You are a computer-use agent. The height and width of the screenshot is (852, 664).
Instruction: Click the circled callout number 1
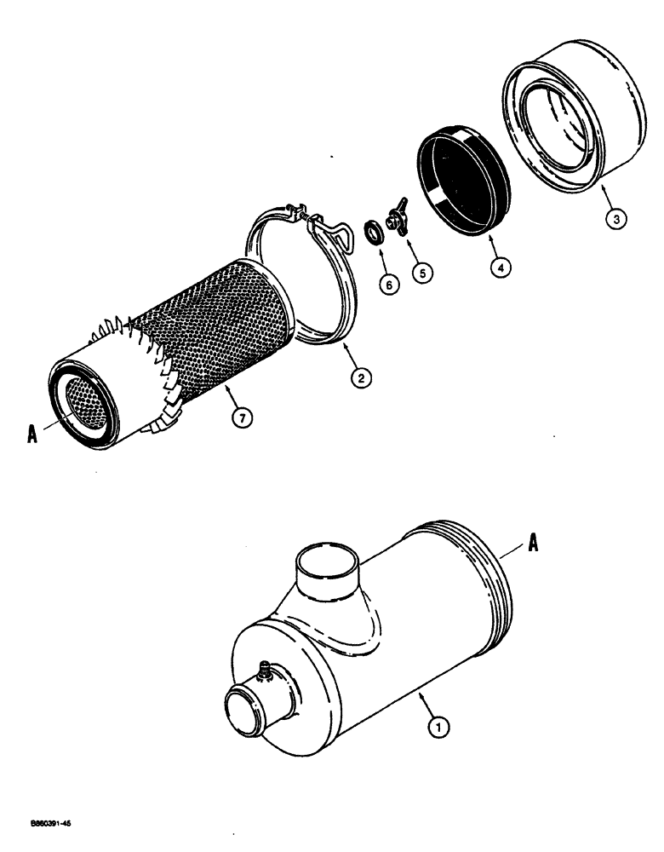pos(437,727)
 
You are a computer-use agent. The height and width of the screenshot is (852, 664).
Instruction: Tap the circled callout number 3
pos(617,218)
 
